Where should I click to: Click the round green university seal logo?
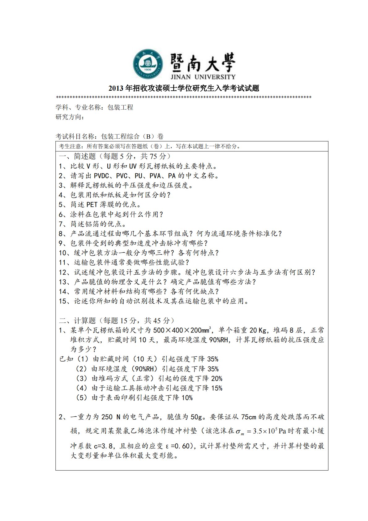pos(148,64)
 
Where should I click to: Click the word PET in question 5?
pos(92,205)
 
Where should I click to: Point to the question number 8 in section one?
pos(61,234)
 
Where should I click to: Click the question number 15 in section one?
pos(63,301)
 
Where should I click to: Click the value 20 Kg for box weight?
pos(258,330)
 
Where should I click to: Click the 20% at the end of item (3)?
pos(216,379)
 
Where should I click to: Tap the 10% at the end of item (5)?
pos(187,398)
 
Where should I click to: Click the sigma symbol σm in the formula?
pos(240,432)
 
